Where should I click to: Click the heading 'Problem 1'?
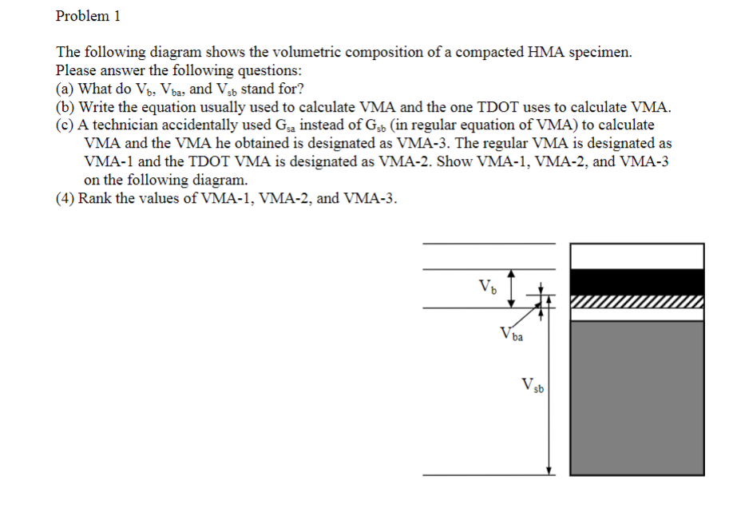[88, 15]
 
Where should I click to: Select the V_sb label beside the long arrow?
[533, 387]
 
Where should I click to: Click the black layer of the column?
[636, 282]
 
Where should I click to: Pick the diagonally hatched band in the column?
[636, 302]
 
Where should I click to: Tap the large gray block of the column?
[636, 397]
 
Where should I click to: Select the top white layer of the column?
[636, 256]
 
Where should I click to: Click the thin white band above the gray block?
[636, 314]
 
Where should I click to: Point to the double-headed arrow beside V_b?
[512, 288]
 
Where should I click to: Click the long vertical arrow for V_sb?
[549, 391]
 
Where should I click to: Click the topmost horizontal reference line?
[487, 242]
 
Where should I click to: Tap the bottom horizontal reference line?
[487, 475]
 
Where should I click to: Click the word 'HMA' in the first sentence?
[545, 53]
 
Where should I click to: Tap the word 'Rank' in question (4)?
[94, 198]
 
